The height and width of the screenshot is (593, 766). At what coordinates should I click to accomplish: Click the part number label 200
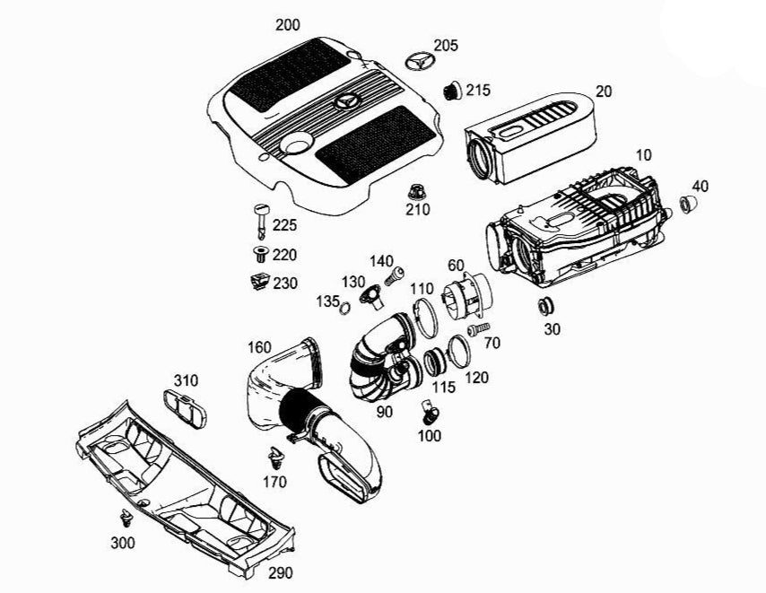point(288,24)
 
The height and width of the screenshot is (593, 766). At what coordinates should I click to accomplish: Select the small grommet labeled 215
point(453,90)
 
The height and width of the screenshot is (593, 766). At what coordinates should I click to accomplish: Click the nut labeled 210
point(415,191)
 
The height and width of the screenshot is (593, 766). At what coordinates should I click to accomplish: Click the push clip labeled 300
point(126,518)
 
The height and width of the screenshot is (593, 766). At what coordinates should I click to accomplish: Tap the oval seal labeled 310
point(185,407)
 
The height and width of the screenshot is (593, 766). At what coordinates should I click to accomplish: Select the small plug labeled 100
point(429,413)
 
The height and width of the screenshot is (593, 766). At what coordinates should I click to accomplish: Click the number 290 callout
point(281,571)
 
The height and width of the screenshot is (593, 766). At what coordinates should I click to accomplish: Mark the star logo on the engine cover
point(347,100)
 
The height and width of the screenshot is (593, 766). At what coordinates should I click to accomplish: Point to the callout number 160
point(258,347)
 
